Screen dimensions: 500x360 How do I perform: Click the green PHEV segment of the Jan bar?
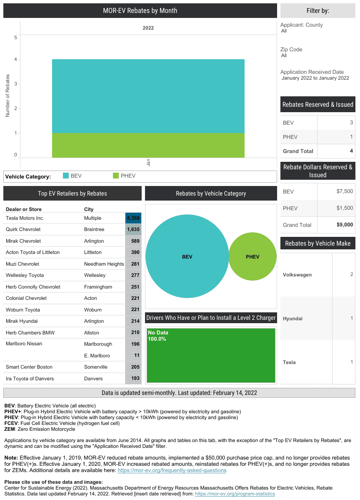148,145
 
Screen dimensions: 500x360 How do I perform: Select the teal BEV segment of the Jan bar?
148,96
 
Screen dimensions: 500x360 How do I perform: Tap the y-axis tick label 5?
15,38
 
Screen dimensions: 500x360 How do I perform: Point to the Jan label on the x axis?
148,162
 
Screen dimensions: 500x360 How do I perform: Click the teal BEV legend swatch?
65,176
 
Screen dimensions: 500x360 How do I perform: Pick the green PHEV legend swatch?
116,176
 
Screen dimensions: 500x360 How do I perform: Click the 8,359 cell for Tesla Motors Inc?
133,218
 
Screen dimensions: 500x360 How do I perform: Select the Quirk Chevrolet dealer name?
23,229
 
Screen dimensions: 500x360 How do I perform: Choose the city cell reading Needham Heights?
104,264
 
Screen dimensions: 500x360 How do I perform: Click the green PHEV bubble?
252,256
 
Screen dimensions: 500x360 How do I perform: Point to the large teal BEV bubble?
187,256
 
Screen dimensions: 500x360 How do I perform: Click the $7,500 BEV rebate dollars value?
345,191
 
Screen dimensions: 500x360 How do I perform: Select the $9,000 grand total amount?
345,225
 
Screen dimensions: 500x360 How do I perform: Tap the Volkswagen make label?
297,275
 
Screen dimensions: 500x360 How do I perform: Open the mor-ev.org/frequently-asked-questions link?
172,470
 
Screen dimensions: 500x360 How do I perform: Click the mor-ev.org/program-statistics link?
235,494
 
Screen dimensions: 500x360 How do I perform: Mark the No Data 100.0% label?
157,336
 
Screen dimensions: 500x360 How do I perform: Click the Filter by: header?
317,11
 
